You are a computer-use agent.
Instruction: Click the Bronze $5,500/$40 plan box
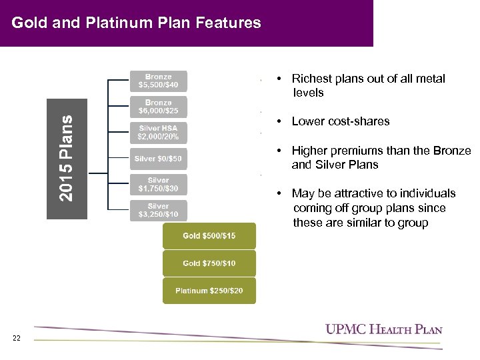coord(158,81)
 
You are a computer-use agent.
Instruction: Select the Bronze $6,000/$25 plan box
coord(158,107)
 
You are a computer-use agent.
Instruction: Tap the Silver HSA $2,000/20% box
coord(158,132)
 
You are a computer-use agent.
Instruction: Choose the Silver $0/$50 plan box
coord(158,159)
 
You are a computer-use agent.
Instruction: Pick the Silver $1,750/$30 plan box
coord(158,185)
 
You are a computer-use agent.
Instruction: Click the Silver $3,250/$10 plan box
coord(158,211)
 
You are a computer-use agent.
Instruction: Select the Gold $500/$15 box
coord(209,236)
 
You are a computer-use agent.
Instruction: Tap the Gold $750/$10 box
coord(209,263)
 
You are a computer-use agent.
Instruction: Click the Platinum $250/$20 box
coord(209,291)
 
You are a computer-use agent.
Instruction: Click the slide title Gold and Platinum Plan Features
coord(137,23)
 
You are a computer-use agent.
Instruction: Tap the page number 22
coord(17,339)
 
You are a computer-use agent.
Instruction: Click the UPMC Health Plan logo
coord(383,329)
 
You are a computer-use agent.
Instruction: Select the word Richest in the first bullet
coord(312,79)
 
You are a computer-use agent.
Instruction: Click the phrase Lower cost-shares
coord(341,121)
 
